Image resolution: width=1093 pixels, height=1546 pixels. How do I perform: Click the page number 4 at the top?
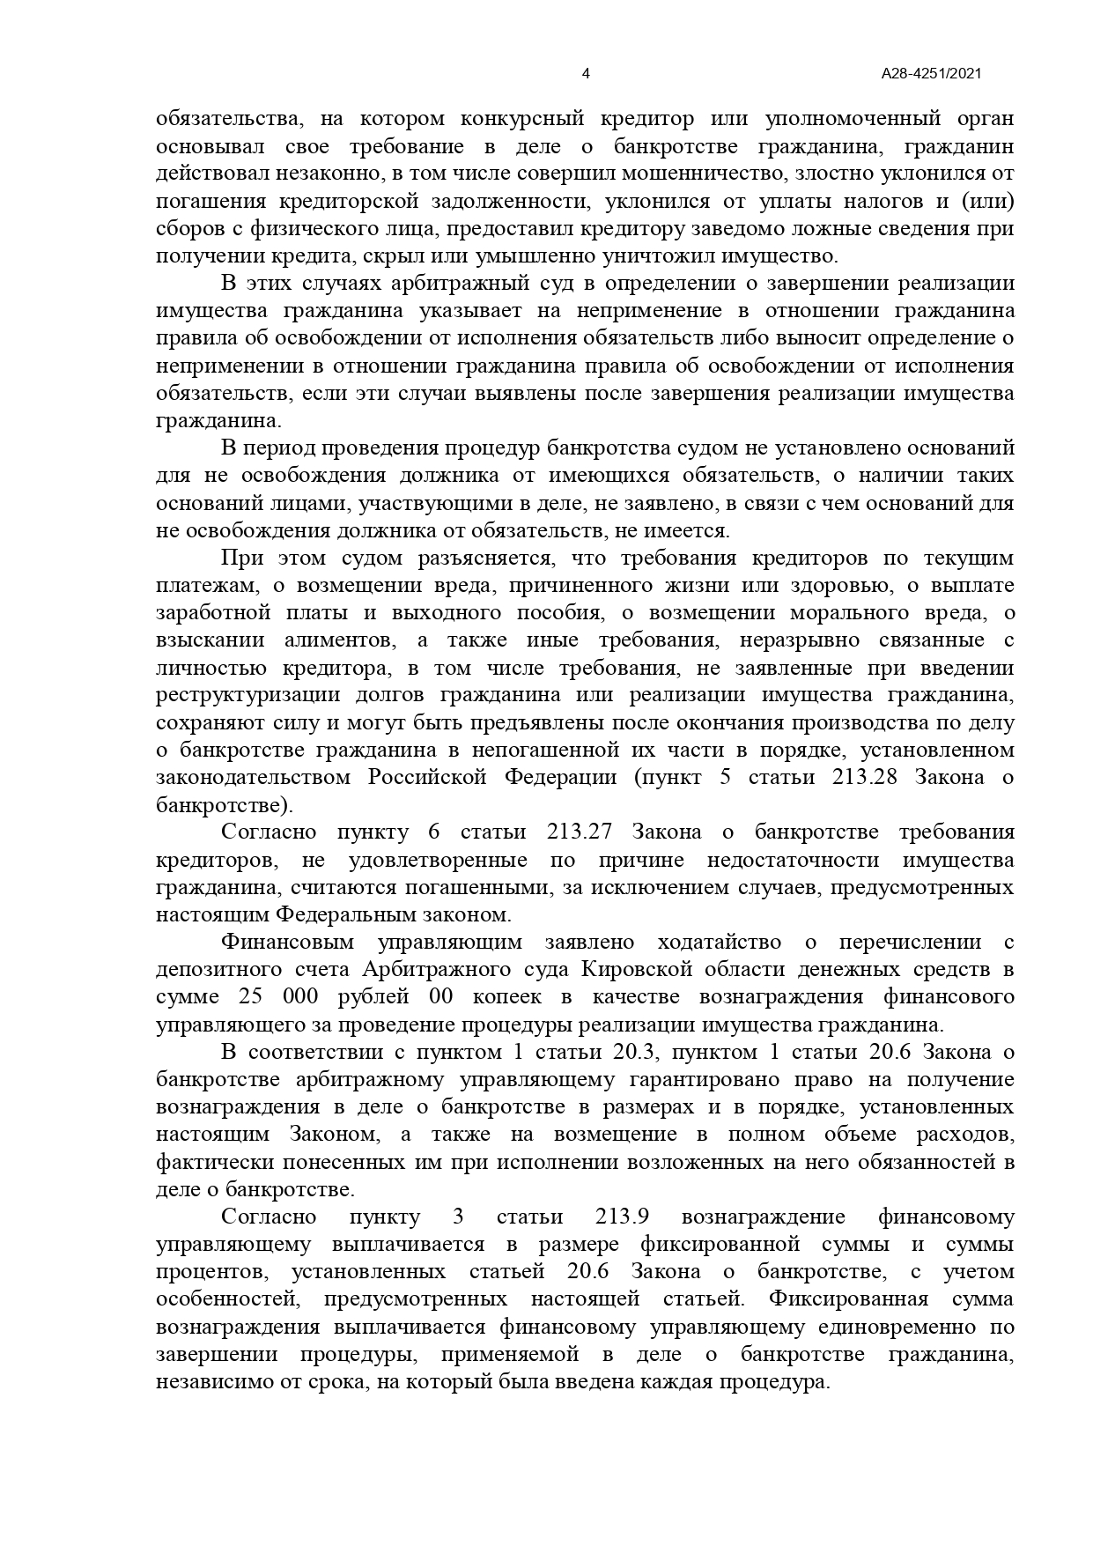pos(587,75)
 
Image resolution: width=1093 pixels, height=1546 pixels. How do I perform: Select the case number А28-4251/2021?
pos(931,75)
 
